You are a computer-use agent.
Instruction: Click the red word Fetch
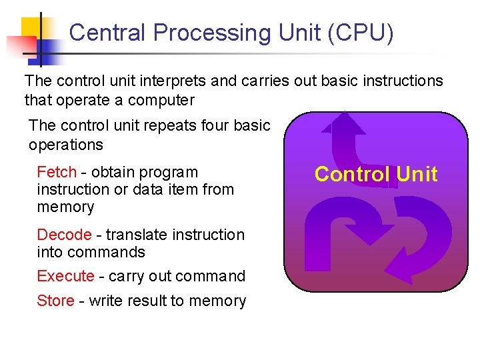57,172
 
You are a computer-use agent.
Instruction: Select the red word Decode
64,235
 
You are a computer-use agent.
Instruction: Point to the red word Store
55,301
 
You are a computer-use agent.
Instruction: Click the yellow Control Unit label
376,174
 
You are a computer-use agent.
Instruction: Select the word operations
66,145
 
